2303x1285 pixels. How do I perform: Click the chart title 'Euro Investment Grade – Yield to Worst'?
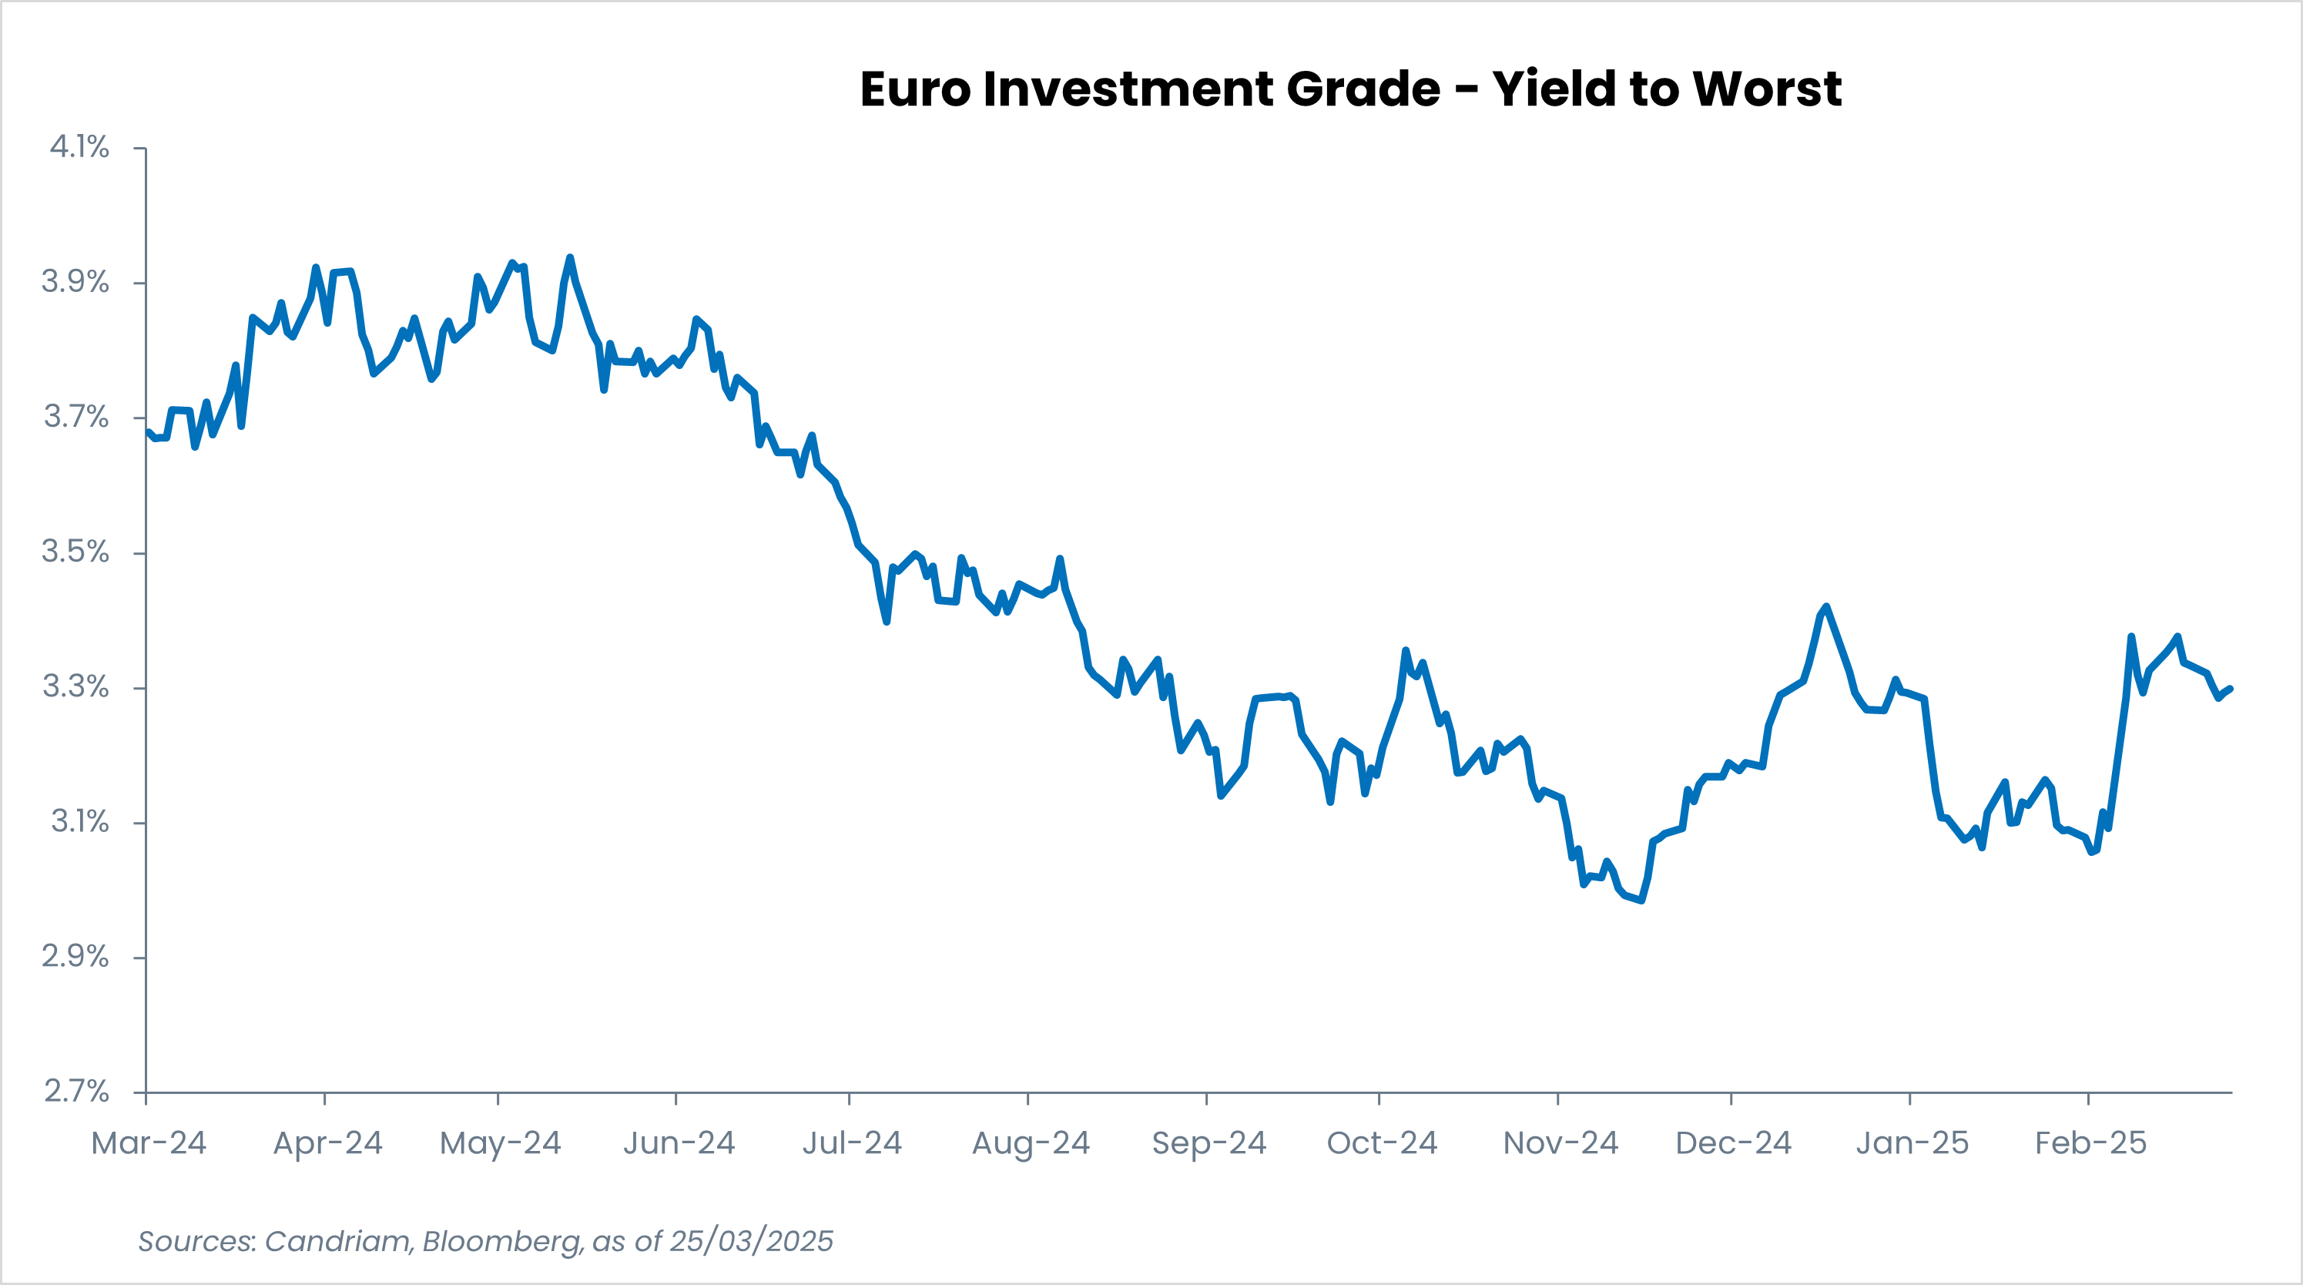(1350, 89)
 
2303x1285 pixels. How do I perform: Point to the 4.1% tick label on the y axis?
(79, 146)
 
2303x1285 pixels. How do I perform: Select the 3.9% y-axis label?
(75, 282)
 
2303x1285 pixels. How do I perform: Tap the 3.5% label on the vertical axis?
(75, 552)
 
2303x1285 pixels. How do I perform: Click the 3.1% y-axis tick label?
(79, 821)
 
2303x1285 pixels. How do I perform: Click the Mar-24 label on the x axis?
(149, 1142)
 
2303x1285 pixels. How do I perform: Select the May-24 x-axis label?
(500, 1142)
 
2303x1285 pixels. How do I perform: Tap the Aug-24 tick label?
(1030, 1142)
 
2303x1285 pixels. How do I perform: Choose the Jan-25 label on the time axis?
(1912, 1142)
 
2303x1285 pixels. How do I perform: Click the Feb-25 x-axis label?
(2090, 1142)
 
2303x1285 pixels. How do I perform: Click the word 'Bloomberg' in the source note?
(501, 1241)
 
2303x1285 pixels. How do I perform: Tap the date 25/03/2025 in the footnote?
(751, 1241)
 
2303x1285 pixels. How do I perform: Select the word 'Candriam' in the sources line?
(339, 1241)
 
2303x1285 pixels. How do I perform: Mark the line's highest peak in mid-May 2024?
(569, 257)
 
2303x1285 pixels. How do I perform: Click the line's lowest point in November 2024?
(1641, 901)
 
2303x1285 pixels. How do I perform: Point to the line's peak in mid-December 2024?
(1825, 606)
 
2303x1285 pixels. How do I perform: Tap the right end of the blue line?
(2231, 689)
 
